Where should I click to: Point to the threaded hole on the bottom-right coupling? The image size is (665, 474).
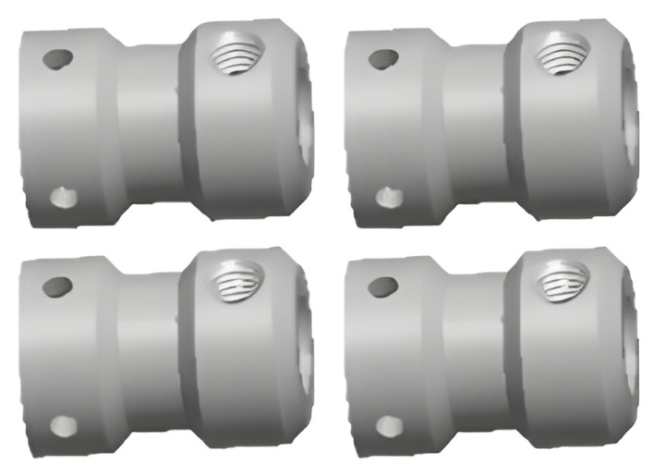(562, 279)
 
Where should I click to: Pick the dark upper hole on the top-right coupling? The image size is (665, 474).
(383, 58)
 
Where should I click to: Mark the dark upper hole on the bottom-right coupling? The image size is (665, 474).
(383, 286)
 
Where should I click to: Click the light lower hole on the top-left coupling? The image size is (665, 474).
(63, 196)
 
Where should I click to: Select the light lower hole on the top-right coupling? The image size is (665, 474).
(389, 196)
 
